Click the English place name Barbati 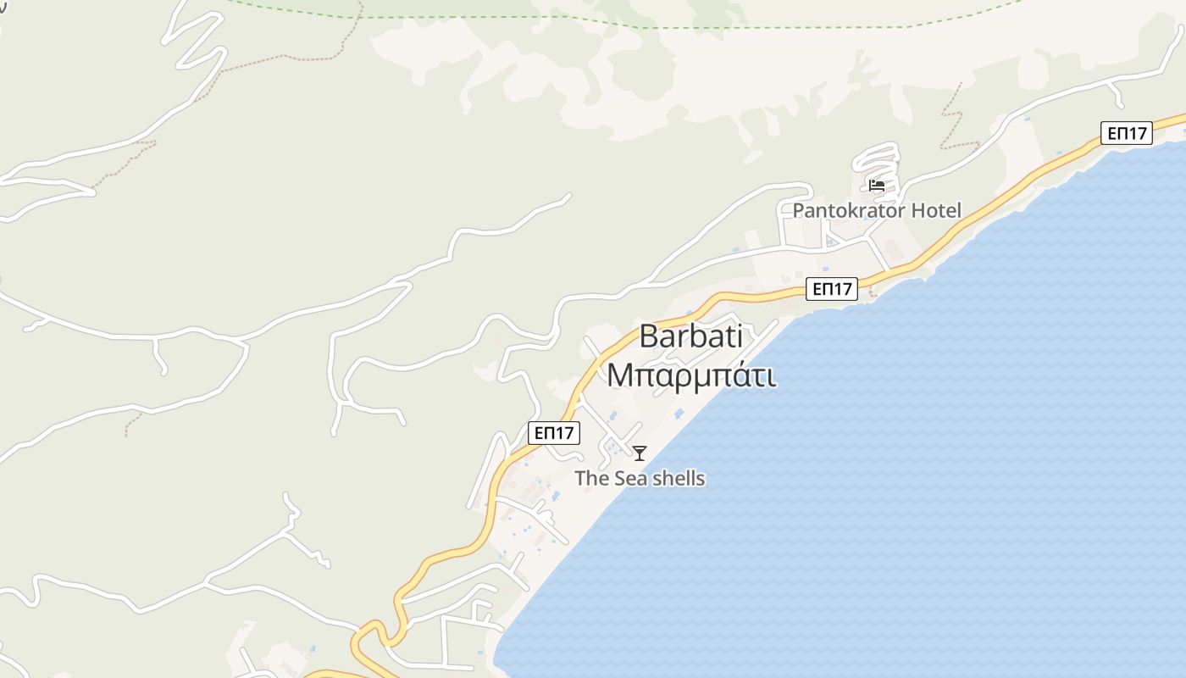click(690, 336)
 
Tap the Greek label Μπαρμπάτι click(690, 375)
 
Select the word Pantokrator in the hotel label click(848, 210)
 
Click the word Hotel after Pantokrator click(935, 210)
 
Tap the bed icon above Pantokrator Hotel click(877, 186)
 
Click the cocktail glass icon click(640, 453)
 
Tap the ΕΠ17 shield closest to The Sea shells click(553, 433)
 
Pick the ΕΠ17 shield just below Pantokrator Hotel click(831, 289)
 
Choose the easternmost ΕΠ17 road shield click(1127, 133)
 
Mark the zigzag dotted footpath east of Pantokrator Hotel click(952, 119)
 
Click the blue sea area click(932, 466)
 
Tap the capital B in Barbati click(649, 336)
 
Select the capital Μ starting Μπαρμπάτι click(620, 375)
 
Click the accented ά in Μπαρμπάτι click(737, 375)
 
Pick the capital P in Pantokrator click(798, 210)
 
